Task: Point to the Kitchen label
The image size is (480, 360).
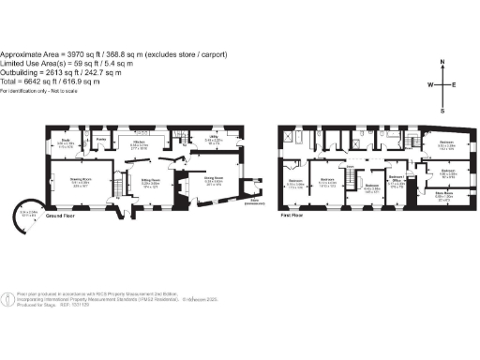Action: pos(139,142)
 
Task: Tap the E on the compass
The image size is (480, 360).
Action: pos(455,84)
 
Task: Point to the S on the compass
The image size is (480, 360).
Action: pos(442,109)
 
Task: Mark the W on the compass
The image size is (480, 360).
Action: pos(429,84)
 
